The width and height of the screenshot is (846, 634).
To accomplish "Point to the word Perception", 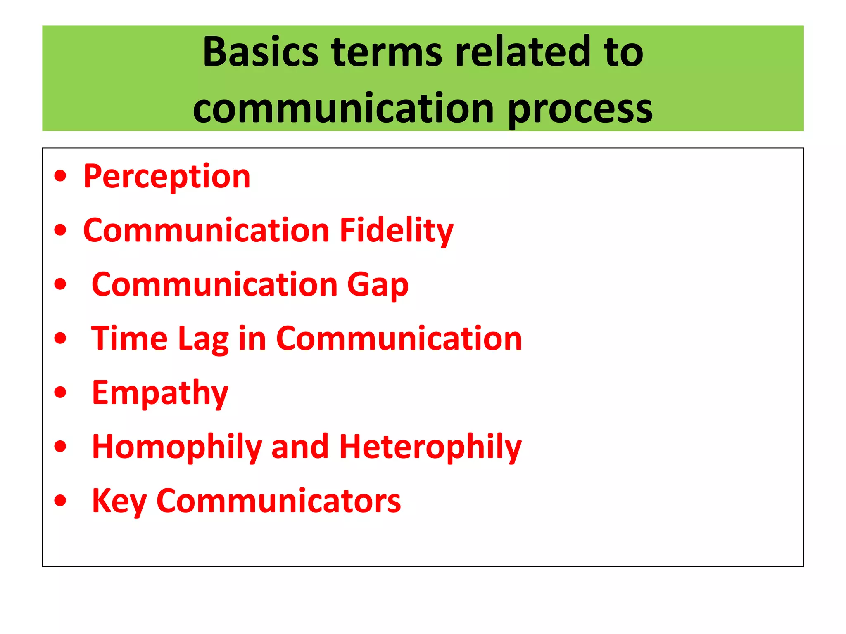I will (x=167, y=176).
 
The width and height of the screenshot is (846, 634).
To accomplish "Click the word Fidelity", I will (x=396, y=230).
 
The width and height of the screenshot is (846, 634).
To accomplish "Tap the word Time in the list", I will (x=129, y=338).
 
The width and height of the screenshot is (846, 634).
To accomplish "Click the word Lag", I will (x=203, y=339).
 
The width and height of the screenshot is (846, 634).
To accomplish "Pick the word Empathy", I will (x=160, y=393).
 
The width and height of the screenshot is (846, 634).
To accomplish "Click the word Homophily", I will (x=177, y=447).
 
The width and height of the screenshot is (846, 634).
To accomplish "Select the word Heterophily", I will (x=430, y=447).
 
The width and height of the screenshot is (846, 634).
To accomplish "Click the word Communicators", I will (x=278, y=501).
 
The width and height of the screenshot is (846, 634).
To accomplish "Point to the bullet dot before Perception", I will (x=60, y=176).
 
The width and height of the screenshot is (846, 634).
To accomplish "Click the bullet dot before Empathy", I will (x=60, y=392).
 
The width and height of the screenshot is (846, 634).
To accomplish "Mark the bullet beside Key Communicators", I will (x=60, y=500).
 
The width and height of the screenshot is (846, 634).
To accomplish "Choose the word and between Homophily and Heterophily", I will (x=300, y=447).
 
